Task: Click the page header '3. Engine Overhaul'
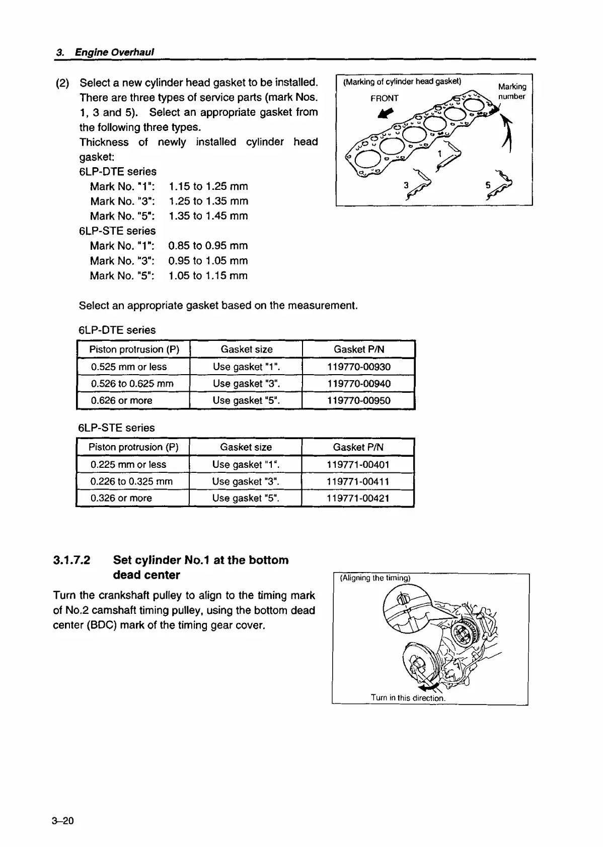(x=105, y=52)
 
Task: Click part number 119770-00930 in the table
(x=358, y=367)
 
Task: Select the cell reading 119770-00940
(x=358, y=384)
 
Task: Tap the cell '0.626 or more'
(x=121, y=401)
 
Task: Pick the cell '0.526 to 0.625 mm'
(x=132, y=384)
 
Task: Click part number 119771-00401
(x=358, y=464)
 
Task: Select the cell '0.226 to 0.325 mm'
(x=131, y=481)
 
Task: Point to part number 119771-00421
(x=358, y=498)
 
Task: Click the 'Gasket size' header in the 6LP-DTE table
(x=247, y=349)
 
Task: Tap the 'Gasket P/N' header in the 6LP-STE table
(x=358, y=447)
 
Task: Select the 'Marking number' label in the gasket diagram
(x=512, y=91)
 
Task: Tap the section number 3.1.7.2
(x=71, y=560)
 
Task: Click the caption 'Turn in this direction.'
(x=408, y=698)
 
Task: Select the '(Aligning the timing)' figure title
(x=375, y=578)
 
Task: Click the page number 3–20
(x=62, y=821)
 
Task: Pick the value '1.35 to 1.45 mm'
(x=208, y=216)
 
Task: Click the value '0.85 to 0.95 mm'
(x=208, y=246)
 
